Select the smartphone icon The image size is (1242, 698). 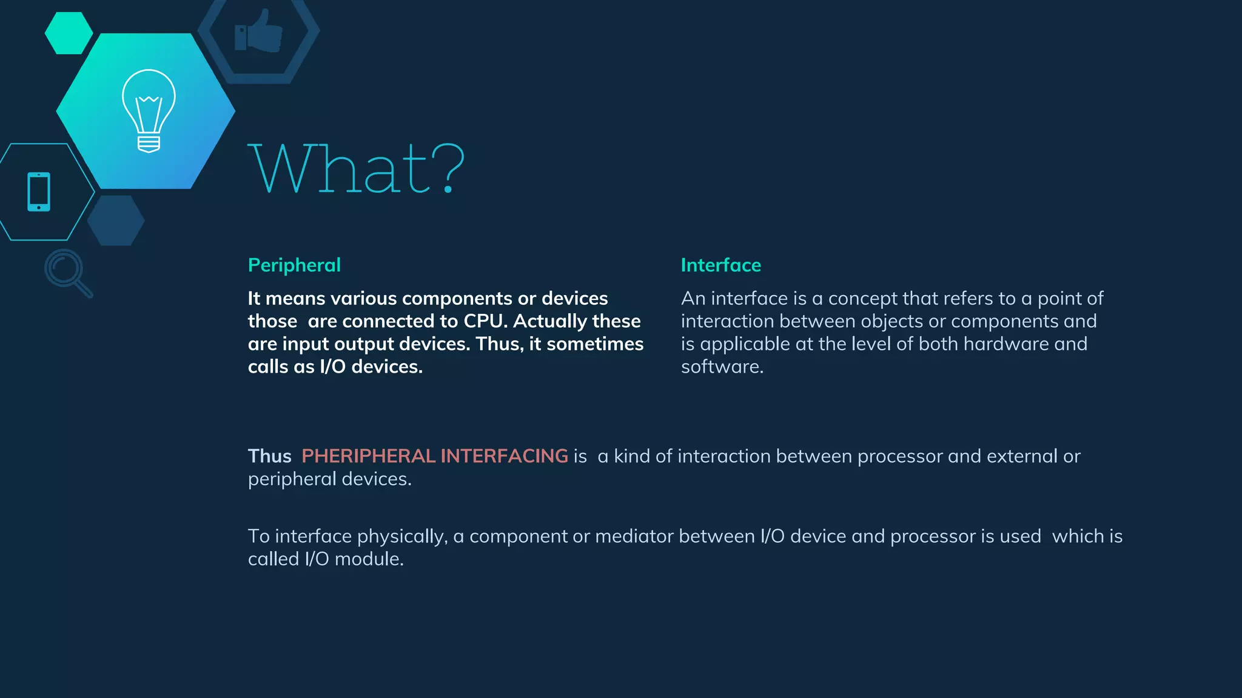tap(39, 192)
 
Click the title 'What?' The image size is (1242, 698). tap(357, 169)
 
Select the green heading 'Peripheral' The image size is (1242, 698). tap(294, 265)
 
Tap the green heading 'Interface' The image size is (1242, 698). tap(720, 265)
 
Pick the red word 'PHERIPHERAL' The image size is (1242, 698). tap(368, 456)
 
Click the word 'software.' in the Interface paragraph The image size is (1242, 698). tap(722, 367)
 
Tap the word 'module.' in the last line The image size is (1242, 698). tap(369, 559)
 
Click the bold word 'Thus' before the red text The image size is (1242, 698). tap(269, 456)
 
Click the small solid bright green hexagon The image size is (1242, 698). tap(69, 33)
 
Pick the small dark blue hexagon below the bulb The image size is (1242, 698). tap(116, 221)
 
